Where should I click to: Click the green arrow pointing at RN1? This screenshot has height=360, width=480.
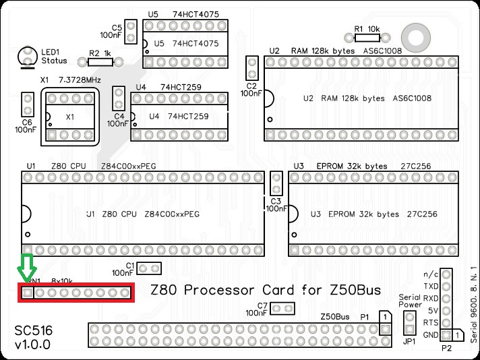pyautogui.click(x=26, y=267)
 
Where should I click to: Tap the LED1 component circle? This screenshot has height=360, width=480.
pyautogui.click(x=28, y=55)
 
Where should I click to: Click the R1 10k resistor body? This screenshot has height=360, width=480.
pyautogui.click(x=365, y=39)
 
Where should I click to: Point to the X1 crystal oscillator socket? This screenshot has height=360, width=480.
pyautogui.click(x=69, y=117)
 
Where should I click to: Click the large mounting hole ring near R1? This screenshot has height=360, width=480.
pyautogui.click(x=411, y=35)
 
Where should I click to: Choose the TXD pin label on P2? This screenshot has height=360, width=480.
pyautogui.click(x=430, y=286)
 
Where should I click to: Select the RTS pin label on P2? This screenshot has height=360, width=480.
pyautogui.click(x=429, y=322)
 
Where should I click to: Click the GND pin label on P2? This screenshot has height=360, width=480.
pyautogui.click(x=429, y=334)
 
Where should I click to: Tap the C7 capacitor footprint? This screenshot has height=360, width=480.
pyautogui.click(x=282, y=309)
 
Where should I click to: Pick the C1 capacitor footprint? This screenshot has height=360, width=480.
pyautogui.click(x=150, y=268)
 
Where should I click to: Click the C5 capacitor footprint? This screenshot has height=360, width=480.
pyautogui.click(x=131, y=30)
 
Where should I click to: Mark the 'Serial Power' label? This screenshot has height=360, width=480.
pyautogui.click(x=410, y=300)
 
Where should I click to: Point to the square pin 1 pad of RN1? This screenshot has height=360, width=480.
pyautogui.click(x=27, y=293)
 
